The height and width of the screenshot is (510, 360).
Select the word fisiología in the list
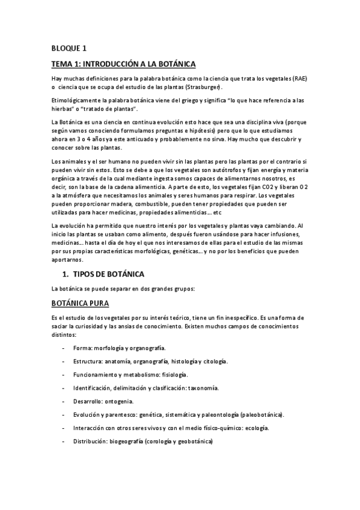[173, 375]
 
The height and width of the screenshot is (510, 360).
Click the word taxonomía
[203, 388]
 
